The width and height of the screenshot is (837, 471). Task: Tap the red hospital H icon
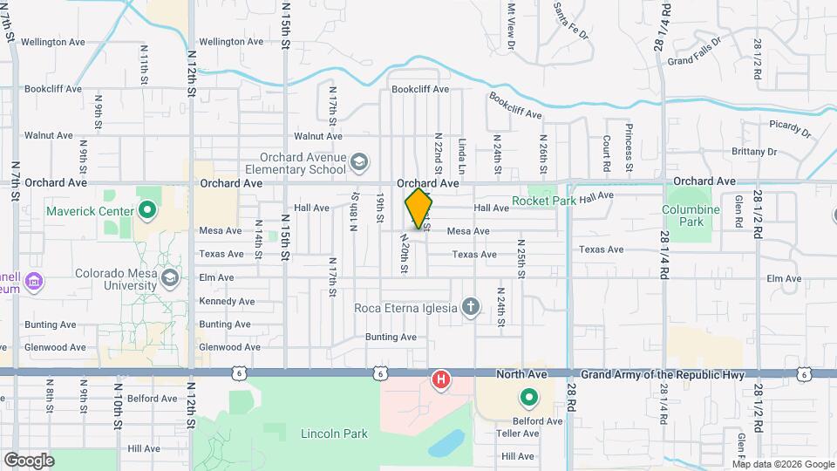pos(442,379)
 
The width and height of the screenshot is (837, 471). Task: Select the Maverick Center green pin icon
pos(147,210)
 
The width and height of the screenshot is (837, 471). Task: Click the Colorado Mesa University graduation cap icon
pos(169,277)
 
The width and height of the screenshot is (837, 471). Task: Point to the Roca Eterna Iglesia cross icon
pos(470,307)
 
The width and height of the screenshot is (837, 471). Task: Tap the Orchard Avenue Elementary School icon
pos(358,162)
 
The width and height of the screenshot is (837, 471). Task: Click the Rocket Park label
pos(543,201)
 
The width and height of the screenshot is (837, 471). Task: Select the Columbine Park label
pos(691,215)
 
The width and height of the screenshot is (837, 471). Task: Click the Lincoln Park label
pos(333,433)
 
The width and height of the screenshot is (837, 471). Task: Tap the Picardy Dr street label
pos(791,130)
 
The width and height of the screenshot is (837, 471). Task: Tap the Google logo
pos(29,460)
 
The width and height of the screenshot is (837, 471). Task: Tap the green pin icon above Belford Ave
pos(528,399)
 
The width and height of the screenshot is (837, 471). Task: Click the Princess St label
pos(628,147)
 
